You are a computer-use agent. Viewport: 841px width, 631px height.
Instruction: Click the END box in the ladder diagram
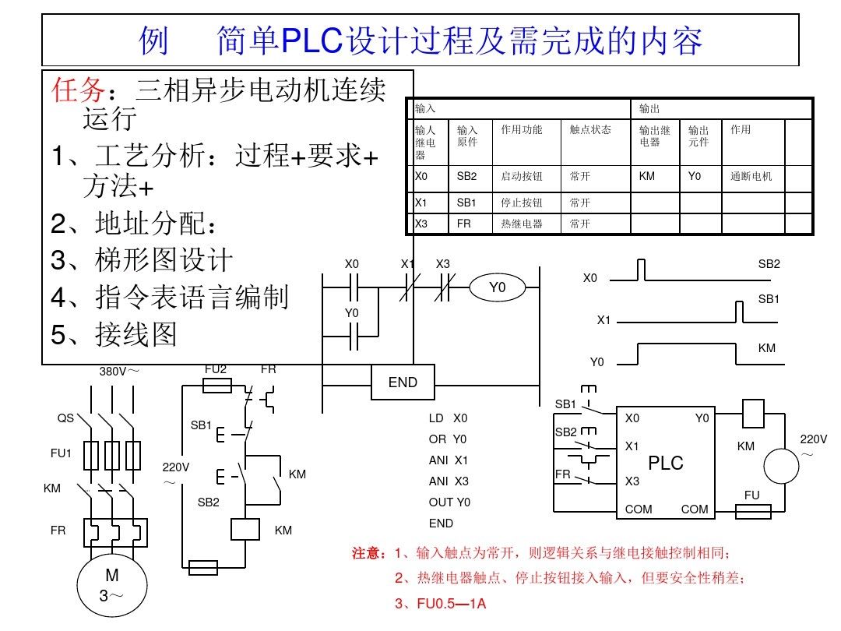[x=403, y=382]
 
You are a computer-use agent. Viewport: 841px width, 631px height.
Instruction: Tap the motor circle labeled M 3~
[x=112, y=586]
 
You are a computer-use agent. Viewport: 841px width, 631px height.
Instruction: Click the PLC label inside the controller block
[x=666, y=463]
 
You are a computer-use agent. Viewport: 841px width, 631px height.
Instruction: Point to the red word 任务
[x=77, y=90]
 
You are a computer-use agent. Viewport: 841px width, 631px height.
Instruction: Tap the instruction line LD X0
[x=449, y=418]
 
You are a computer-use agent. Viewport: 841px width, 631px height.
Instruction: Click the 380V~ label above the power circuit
[x=119, y=371]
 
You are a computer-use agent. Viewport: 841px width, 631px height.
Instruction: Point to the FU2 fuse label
[x=216, y=368]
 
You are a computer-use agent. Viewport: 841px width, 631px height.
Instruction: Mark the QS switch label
[x=65, y=418]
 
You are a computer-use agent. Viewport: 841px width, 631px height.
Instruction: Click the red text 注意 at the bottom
[x=369, y=553]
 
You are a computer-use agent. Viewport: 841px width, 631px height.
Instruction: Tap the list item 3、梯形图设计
[x=142, y=259]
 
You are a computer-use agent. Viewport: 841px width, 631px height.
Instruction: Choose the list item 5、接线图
[x=114, y=334]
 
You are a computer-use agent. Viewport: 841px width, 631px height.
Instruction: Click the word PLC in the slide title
[x=311, y=41]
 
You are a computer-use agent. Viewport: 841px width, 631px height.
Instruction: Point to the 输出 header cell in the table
[x=649, y=109]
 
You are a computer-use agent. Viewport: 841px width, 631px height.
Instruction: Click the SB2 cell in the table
[x=466, y=177]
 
